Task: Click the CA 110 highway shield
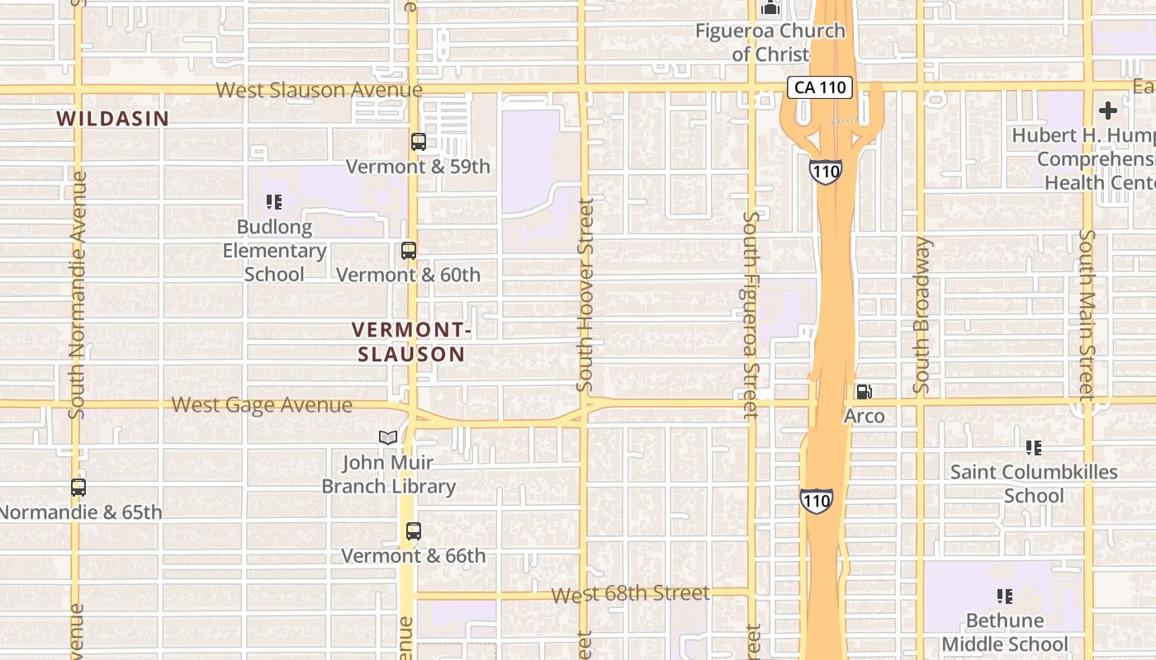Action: point(819,87)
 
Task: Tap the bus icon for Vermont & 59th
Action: point(419,142)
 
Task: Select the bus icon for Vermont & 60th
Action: point(409,250)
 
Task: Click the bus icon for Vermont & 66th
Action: point(414,531)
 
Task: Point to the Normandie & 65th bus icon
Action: point(78,488)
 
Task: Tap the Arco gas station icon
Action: point(864,392)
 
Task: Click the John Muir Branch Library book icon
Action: point(388,437)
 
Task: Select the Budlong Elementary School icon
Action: point(274,201)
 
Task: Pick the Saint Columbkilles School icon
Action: point(1033,448)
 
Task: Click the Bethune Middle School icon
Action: point(1005,596)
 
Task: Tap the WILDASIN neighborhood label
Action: point(112,119)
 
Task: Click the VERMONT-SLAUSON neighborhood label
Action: point(411,342)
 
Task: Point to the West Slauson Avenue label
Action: point(320,90)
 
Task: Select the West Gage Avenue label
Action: point(262,405)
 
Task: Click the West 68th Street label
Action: point(630,594)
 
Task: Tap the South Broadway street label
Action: point(921,315)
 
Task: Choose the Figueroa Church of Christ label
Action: point(770,43)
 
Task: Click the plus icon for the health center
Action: point(1108,111)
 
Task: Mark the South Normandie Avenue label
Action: point(78,295)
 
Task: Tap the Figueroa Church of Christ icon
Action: point(770,9)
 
